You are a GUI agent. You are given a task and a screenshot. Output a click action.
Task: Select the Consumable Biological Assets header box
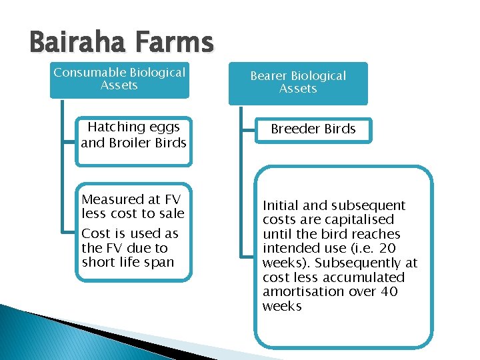click(x=119, y=79)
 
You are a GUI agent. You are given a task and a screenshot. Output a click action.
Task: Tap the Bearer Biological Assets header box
click(x=298, y=83)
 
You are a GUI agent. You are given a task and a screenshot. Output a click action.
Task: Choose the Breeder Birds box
click(x=313, y=129)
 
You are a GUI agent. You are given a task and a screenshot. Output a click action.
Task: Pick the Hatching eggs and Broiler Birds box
click(x=133, y=135)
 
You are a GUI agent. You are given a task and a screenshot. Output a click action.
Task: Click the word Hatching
click(x=116, y=127)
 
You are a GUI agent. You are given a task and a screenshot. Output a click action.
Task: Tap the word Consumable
click(x=89, y=72)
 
